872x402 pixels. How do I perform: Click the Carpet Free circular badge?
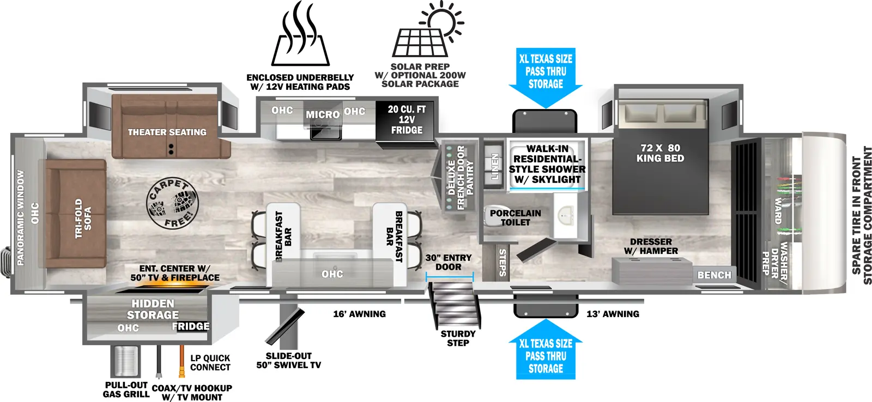172,204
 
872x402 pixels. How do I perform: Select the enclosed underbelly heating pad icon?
300,35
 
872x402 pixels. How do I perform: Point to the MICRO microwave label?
322,114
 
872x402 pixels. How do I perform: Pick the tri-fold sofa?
76,214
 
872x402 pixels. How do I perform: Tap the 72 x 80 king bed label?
660,153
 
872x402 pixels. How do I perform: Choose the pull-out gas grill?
125,360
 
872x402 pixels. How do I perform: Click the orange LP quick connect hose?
180,362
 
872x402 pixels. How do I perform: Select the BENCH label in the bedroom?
714,275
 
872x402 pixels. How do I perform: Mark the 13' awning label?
613,314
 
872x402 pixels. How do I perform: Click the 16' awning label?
359,314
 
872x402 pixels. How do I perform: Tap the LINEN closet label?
495,166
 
